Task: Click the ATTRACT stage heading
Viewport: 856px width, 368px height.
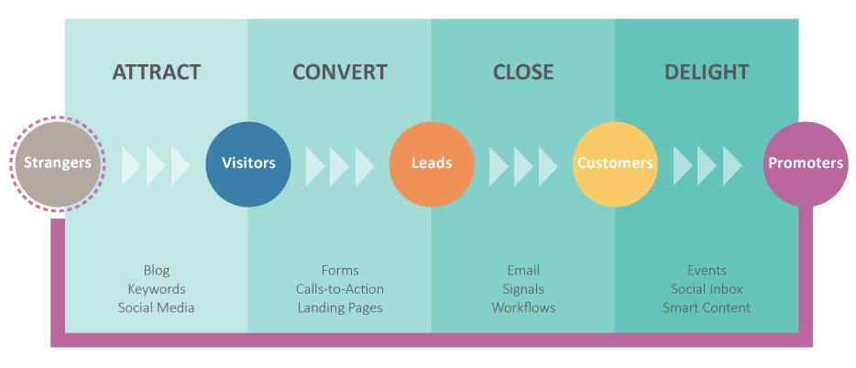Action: click(157, 72)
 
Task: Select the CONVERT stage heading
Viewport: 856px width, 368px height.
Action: click(340, 72)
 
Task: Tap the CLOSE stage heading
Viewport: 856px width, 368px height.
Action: click(523, 72)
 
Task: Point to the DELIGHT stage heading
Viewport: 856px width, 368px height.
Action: click(707, 72)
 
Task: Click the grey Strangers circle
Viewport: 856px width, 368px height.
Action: click(58, 163)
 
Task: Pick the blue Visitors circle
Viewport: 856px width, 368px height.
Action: click(248, 163)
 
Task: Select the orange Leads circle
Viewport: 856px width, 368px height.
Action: click(432, 163)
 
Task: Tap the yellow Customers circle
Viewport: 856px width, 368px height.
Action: click(615, 163)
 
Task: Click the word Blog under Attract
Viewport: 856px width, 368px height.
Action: click(157, 270)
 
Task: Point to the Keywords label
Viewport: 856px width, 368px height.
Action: click(157, 289)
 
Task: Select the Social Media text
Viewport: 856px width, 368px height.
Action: click(157, 307)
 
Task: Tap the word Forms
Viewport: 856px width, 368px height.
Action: click(340, 270)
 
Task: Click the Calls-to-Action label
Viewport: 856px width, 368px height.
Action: click(340, 289)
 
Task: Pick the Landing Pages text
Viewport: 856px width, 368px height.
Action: click(340, 307)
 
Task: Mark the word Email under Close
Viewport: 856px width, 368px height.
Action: click(523, 270)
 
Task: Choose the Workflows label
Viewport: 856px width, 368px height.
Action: click(523, 307)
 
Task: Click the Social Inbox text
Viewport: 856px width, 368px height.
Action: click(707, 289)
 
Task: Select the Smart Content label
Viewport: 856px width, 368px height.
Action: click(707, 307)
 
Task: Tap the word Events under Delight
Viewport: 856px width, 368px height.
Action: click(707, 270)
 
